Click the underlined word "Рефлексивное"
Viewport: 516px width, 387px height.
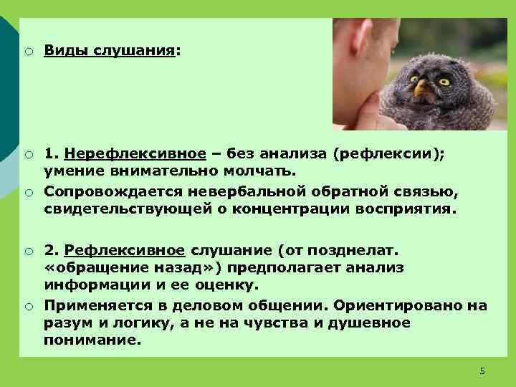click(x=124, y=250)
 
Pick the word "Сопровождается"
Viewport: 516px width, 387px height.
click(x=115, y=191)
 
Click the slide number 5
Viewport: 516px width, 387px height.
click(x=482, y=371)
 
